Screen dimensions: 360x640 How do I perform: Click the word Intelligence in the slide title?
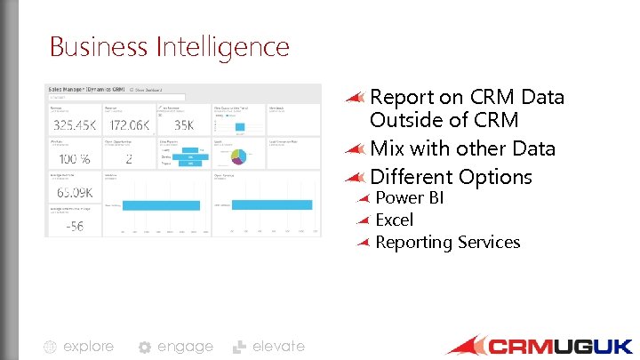tap(225, 46)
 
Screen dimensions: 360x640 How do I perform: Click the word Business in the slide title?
tap(100, 46)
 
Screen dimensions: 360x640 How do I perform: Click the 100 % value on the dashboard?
tap(74, 160)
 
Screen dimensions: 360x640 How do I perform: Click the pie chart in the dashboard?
tap(238, 156)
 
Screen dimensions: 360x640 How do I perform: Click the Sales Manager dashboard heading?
tap(86, 90)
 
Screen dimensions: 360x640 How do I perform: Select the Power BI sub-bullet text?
tap(409, 197)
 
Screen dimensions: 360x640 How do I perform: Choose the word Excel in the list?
tap(395, 220)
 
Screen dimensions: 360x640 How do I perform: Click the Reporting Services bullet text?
tap(447, 242)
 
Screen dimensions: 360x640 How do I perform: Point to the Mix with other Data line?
tap(462, 148)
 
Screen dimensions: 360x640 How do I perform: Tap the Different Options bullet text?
tap(451, 177)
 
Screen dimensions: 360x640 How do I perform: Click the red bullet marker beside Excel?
tap(363, 220)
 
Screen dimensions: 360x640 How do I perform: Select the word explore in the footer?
tap(89, 346)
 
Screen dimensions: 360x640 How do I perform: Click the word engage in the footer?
tap(185, 346)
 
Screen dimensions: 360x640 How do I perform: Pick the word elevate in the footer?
tap(278, 346)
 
